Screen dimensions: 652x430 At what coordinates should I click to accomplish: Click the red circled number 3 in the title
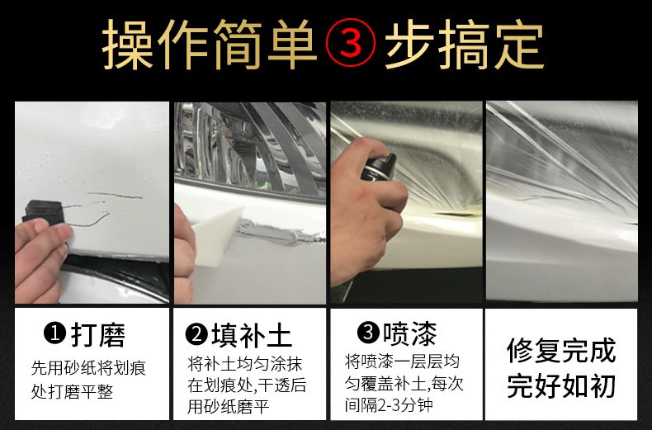coord(350,42)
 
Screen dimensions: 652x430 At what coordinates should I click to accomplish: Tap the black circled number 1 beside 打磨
coord(55,334)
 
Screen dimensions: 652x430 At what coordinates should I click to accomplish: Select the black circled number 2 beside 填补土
coord(196,334)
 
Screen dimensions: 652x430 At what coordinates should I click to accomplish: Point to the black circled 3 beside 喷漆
coord(368,333)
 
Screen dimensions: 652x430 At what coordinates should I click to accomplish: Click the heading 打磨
coord(98,334)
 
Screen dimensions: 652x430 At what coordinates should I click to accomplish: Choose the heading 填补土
coord(252,335)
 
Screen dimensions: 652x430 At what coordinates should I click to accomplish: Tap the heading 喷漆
coord(410,333)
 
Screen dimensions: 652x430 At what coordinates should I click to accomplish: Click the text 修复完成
coord(561,350)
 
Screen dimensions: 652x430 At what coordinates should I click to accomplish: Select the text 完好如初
coord(561,385)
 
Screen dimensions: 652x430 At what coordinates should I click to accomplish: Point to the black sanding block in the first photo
coord(44,211)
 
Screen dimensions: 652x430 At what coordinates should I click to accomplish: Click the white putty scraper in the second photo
coord(216,233)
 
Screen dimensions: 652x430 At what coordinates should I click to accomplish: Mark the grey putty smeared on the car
coord(280,233)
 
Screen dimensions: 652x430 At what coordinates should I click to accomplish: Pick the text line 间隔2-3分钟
coord(389,404)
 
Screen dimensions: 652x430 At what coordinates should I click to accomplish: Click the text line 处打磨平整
coord(73,391)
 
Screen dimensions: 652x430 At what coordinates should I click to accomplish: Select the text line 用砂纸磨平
coord(229,406)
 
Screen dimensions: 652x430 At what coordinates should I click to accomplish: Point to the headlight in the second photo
coord(250,149)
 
